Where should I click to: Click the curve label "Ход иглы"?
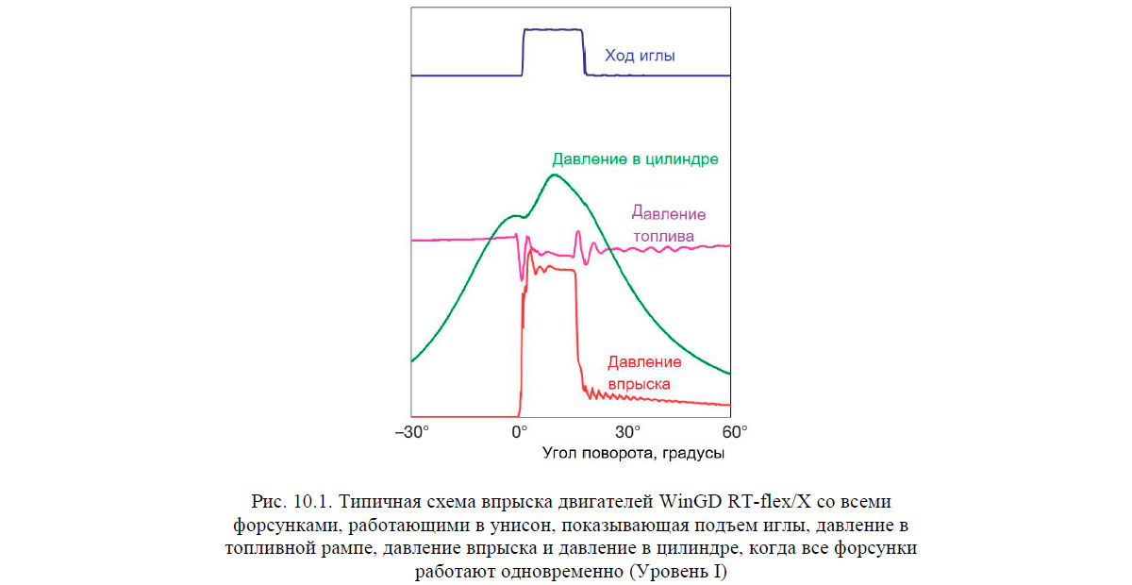click(x=640, y=57)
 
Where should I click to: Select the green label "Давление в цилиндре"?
click(x=637, y=159)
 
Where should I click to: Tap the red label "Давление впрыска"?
click(x=643, y=373)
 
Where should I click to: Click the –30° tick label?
click(x=411, y=432)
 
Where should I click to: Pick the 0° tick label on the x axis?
click(x=519, y=432)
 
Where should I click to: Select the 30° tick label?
click(x=627, y=432)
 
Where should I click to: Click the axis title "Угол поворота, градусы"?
click(x=634, y=454)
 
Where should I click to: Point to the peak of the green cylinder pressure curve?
click(x=555, y=175)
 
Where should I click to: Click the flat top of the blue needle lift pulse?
click(x=553, y=30)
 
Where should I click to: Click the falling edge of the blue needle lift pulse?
click(x=583, y=53)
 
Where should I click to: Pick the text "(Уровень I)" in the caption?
click(x=685, y=572)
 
